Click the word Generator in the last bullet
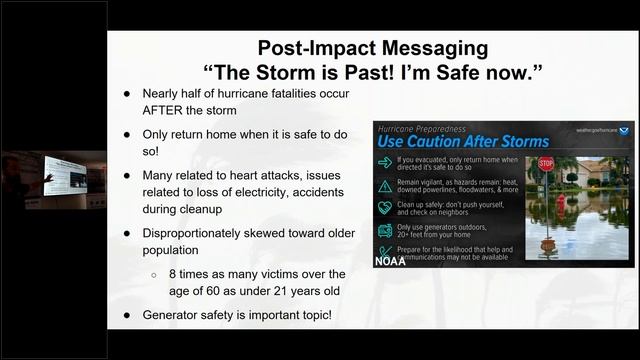[177, 315]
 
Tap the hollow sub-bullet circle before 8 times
[153, 274]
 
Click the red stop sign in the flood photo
[546, 164]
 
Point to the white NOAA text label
[390, 261]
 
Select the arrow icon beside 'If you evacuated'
[384, 163]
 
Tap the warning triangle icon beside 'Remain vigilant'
[384, 185]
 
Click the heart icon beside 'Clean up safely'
[384, 207]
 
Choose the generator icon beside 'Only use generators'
[384, 229]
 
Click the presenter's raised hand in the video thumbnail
[47, 178]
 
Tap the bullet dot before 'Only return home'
[126, 134]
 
